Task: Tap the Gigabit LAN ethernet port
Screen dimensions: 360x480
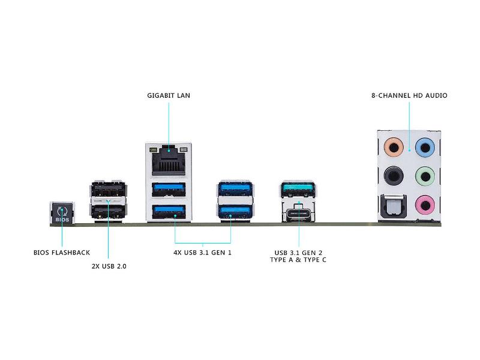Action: coord(168,160)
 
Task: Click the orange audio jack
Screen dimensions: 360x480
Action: coord(392,146)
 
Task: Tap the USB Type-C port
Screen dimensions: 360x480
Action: coord(298,212)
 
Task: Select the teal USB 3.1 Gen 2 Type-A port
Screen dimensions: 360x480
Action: coord(298,190)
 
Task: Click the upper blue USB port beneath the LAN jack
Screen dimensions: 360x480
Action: coord(168,190)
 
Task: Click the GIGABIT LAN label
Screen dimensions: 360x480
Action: coord(169,95)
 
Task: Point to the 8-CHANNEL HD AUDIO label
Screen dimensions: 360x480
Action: coord(409,95)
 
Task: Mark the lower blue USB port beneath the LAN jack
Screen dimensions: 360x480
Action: coord(168,211)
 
